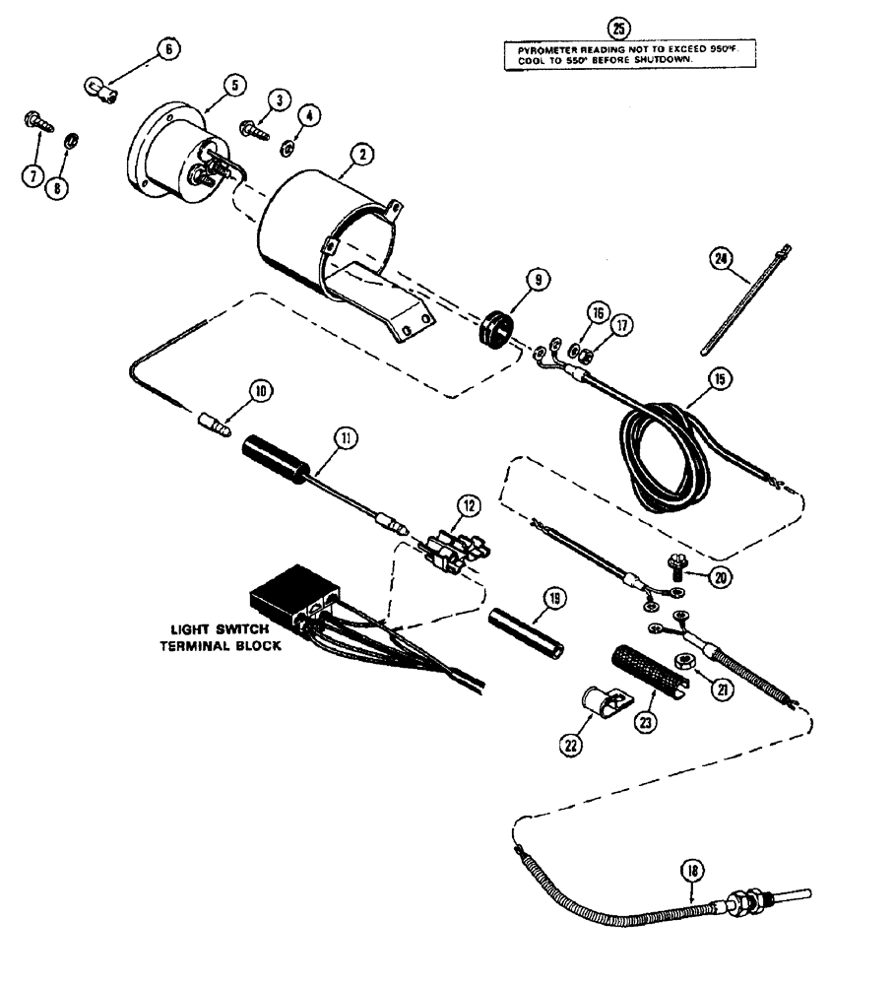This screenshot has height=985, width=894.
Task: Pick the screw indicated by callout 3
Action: pos(254,129)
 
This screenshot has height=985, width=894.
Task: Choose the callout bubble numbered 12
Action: pos(469,506)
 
